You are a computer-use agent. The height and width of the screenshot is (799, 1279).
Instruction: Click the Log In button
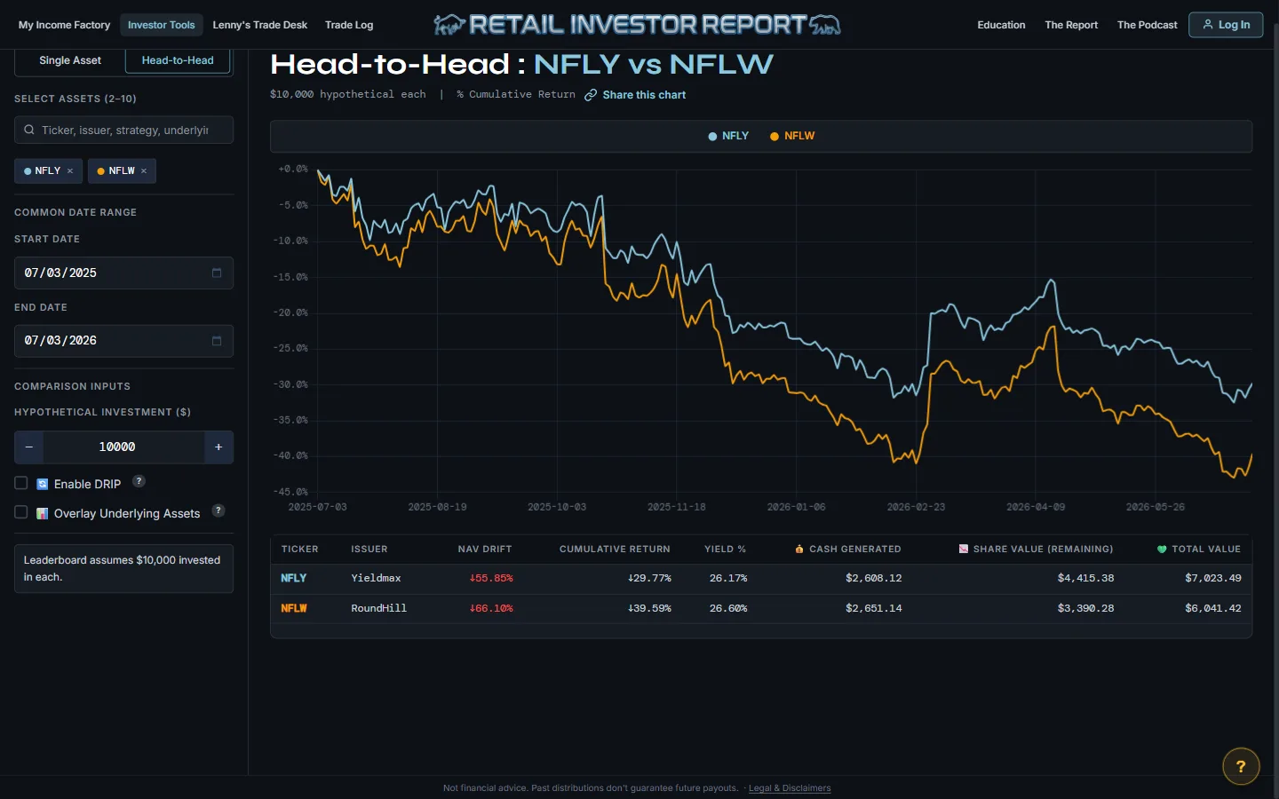point(1226,25)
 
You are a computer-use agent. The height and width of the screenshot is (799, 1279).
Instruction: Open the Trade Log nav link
point(349,25)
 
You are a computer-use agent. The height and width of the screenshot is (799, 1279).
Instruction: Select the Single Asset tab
point(69,60)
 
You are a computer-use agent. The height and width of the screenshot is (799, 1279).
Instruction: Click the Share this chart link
point(635,95)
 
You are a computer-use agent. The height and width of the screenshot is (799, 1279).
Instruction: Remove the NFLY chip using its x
point(70,170)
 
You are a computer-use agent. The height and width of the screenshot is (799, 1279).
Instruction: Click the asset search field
point(124,131)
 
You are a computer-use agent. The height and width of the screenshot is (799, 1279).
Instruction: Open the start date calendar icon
point(217,273)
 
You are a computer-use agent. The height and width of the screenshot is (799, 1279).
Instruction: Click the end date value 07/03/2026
point(60,341)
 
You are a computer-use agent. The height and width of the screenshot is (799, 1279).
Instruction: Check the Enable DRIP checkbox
point(21,483)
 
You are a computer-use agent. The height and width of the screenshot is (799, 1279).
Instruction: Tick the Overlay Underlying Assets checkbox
point(21,512)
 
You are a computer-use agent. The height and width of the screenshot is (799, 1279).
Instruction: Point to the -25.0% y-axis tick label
point(290,348)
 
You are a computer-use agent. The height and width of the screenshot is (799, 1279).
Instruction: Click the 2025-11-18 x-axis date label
point(677,507)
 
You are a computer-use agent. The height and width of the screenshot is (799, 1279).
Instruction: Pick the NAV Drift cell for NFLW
point(491,608)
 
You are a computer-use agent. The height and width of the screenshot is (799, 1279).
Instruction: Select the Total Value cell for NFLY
point(1212,578)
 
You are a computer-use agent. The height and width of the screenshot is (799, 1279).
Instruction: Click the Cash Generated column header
point(848,549)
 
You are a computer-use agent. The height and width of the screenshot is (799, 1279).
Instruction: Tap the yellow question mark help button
point(1241,766)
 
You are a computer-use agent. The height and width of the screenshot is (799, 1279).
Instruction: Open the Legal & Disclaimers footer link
point(790,788)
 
